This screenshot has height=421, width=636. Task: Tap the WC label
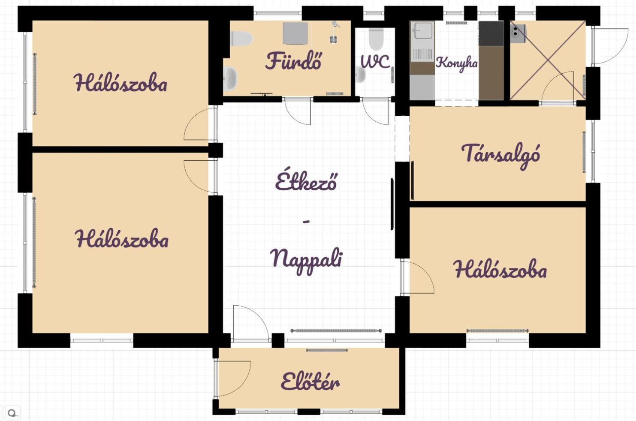375,61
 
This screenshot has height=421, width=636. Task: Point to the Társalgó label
500,156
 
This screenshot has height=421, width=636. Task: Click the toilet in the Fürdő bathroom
241,39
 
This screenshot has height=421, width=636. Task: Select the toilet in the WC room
376,39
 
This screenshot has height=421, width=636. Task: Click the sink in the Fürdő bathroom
230,78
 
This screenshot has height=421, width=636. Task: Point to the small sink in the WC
360,74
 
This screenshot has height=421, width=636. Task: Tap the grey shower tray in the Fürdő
295,33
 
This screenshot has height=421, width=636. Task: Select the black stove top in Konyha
491,33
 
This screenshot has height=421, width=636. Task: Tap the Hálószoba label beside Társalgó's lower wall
500,269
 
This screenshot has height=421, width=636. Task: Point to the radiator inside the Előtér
327,350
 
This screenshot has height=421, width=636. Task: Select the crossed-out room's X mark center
548,60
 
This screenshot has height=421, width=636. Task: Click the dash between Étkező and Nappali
306,222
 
